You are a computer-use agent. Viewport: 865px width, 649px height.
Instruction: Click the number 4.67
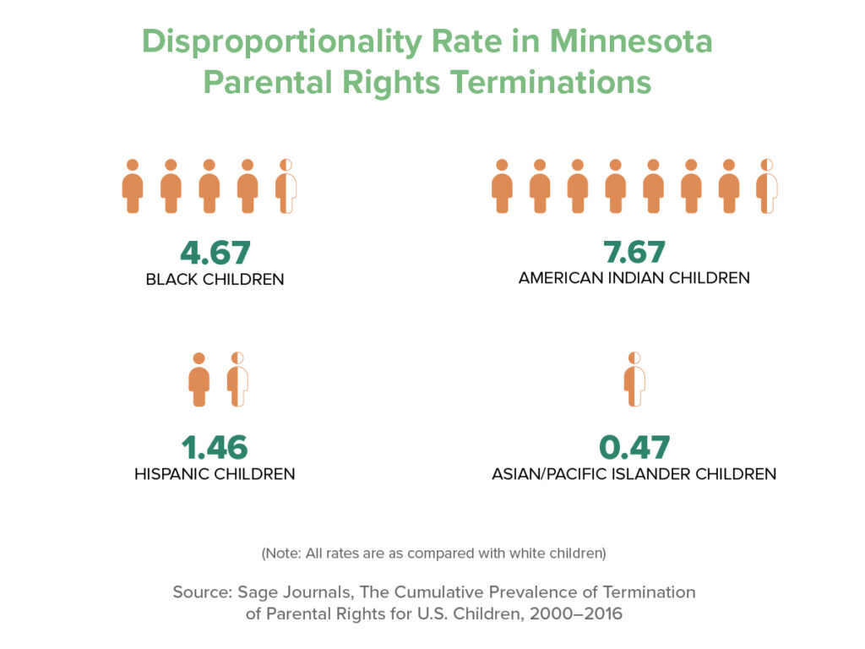click(x=215, y=253)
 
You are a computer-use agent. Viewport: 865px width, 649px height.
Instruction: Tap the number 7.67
click(x=634, y=252)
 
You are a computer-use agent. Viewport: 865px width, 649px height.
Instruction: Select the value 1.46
click(x=215, y=448)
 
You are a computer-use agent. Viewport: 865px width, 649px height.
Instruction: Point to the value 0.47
click(x=634, y=448)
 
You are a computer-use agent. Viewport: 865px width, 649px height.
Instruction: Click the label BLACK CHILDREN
click(x=215, y=279)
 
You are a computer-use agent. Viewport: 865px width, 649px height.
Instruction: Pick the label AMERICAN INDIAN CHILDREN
click(x=634, y=277)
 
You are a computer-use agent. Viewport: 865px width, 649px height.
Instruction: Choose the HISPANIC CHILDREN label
click(x=215, y=474)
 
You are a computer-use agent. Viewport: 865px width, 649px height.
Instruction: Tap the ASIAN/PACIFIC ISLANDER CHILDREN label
click(x=634, y=474)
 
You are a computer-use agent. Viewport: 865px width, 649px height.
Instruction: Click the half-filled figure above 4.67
click(x=286, y=186)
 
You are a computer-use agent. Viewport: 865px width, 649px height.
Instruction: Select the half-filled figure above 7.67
click(x=767, y=186)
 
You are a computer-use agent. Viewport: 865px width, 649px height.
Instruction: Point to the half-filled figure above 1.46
click(x=237, y=379)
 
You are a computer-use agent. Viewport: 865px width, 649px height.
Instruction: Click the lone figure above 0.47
click(x=634, y=379)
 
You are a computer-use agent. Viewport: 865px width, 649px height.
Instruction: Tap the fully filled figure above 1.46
click(x=199, y=379)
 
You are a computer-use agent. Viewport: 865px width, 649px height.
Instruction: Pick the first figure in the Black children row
click(x=133, y=186)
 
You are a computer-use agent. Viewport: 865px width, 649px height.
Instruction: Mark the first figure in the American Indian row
click(x=502, y=186)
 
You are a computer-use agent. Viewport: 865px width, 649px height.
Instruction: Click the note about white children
click(x=433, y=554)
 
